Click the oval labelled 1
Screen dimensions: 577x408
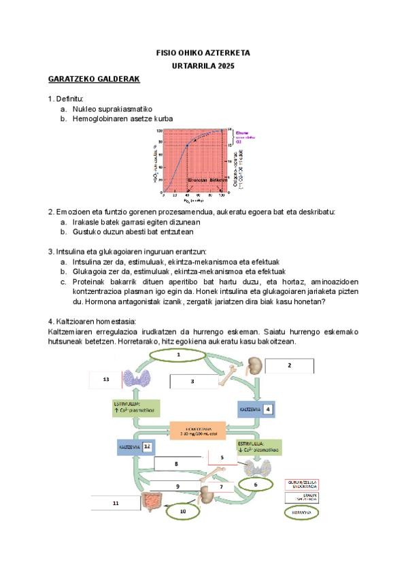178,355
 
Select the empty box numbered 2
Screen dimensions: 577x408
289,365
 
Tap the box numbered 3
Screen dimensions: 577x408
193,382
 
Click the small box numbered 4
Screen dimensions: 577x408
269,410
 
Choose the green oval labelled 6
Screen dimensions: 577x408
255,484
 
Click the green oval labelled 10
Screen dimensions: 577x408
182,510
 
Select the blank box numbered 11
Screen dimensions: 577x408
116,503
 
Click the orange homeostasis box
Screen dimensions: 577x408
202,431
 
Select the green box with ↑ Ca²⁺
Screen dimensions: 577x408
135,408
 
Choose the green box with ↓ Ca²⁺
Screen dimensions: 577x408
255,447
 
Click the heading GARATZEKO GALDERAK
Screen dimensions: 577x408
94,79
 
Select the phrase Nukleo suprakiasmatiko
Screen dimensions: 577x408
112,109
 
